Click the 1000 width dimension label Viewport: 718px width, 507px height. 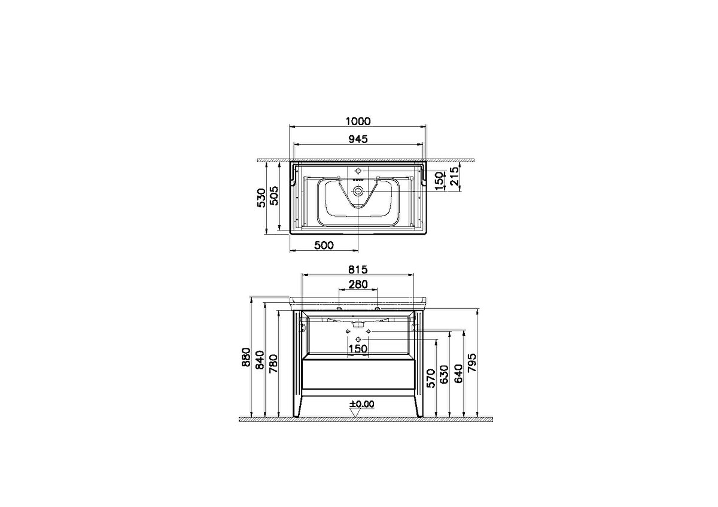tap(358, 122)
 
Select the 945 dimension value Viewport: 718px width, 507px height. tap(358, 139)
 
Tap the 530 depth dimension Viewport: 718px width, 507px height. tap(262, 198)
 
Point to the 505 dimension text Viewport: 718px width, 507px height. tap(274, 196)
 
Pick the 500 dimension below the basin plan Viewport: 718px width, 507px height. tap(324, 245)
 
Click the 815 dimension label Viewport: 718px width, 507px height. tap(358, 270)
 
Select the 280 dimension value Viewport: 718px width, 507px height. tap(358, 284)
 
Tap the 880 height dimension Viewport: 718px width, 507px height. tap(246, 357)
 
